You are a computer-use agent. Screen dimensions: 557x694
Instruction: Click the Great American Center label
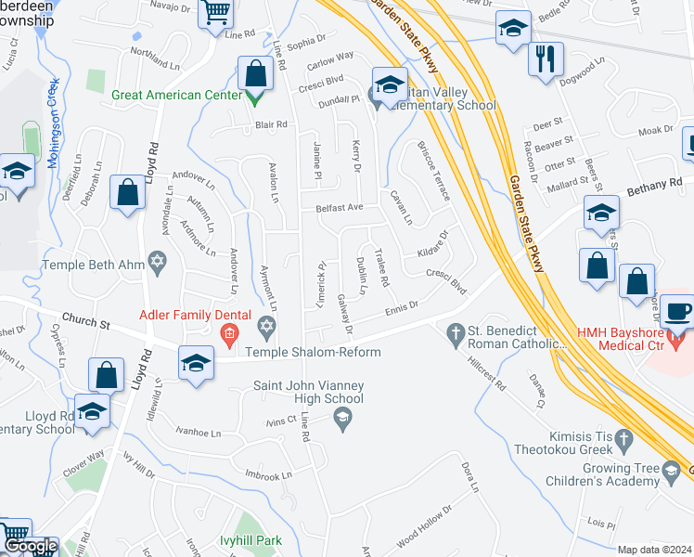177,95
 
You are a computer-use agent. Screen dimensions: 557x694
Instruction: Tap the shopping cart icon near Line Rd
215,14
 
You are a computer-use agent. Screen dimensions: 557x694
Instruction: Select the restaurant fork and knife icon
546,59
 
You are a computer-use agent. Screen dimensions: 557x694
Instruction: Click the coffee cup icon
681,311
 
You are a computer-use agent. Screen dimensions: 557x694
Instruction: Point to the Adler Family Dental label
182,315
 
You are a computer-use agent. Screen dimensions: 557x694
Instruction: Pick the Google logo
30,547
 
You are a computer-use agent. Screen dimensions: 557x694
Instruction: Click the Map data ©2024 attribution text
654,550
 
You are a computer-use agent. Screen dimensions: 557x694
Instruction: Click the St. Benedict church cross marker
455,331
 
